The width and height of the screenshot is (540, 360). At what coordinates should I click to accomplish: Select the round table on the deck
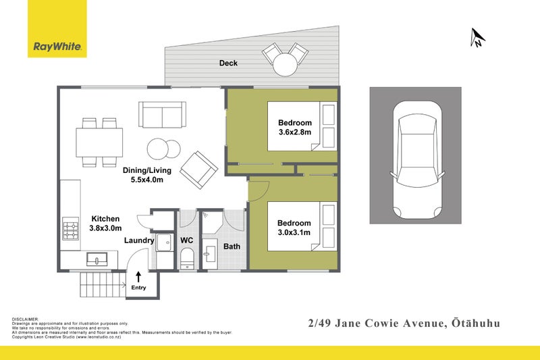(x=284, y=65)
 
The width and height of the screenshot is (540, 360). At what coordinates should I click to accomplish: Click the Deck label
(x=228, y=63)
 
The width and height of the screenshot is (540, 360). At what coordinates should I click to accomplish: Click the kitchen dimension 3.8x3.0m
(x=105, y=228)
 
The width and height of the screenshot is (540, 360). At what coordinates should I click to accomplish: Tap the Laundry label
(x=139, y=240)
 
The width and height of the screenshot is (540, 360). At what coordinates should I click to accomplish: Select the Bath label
(x=232, y=247)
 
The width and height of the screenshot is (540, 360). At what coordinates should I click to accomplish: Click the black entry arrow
(x=139, y=276)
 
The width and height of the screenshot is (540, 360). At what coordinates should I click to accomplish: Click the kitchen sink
(x=98, y=258)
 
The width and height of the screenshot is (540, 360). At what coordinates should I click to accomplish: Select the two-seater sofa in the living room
(x=162, y=114)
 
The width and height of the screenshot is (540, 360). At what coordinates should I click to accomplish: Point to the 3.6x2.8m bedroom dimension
(x=295, y=132)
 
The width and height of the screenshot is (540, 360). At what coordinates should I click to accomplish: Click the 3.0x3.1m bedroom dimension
(x=294, y=232)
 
